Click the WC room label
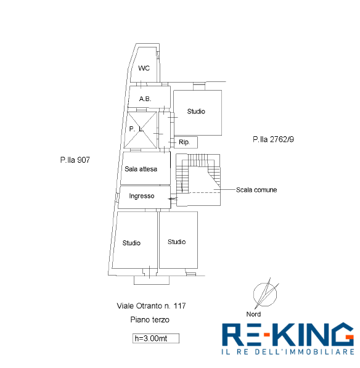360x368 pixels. pyautogui.click(x=144, y=68)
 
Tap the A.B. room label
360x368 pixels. pyautogui.click(x=145, y=99)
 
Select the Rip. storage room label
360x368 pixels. pyautogui.click(x=184, y=142)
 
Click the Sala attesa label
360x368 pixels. pyautogui.click(x=141, y=169)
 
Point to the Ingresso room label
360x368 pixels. pyautogui.click(x=142, y=196)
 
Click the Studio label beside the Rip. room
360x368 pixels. pyautogui.click(x=196, y=111)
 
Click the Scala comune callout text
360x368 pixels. pyautogui.click(x=256, y=190)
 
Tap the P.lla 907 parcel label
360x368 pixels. pyautogui.click(x=75, y=160)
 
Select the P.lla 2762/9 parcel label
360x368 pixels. pyautogui.click(x=274, y=139)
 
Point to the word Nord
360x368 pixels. pyautogui.click(x=253, y=314)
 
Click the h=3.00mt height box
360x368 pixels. pyautogui.click(x=156, y=338)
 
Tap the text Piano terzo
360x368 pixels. pyautogui.click(x=150, y=320)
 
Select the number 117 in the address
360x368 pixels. pyautogui.click(x=179, y=306)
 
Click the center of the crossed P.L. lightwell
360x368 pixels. pyautogui.click(x=141, y=130)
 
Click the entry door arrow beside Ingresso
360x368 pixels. pyautogui.click(x=173, y=198)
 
